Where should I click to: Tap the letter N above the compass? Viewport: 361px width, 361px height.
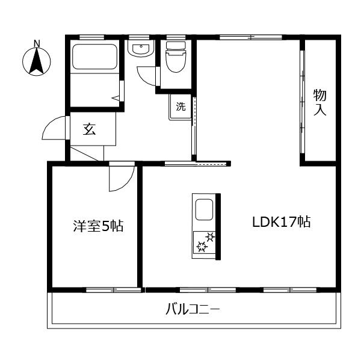pos(36,43)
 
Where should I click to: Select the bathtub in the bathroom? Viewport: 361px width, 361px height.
pos(95,59)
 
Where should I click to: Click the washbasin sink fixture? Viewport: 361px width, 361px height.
pos(142,51)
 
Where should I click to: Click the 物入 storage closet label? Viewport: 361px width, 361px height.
pos(319,102)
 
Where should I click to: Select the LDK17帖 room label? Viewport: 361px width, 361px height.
pos(281,222)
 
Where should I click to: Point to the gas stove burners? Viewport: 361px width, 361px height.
pos(203,244)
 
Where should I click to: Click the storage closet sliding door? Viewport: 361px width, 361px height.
pos(302,99)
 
